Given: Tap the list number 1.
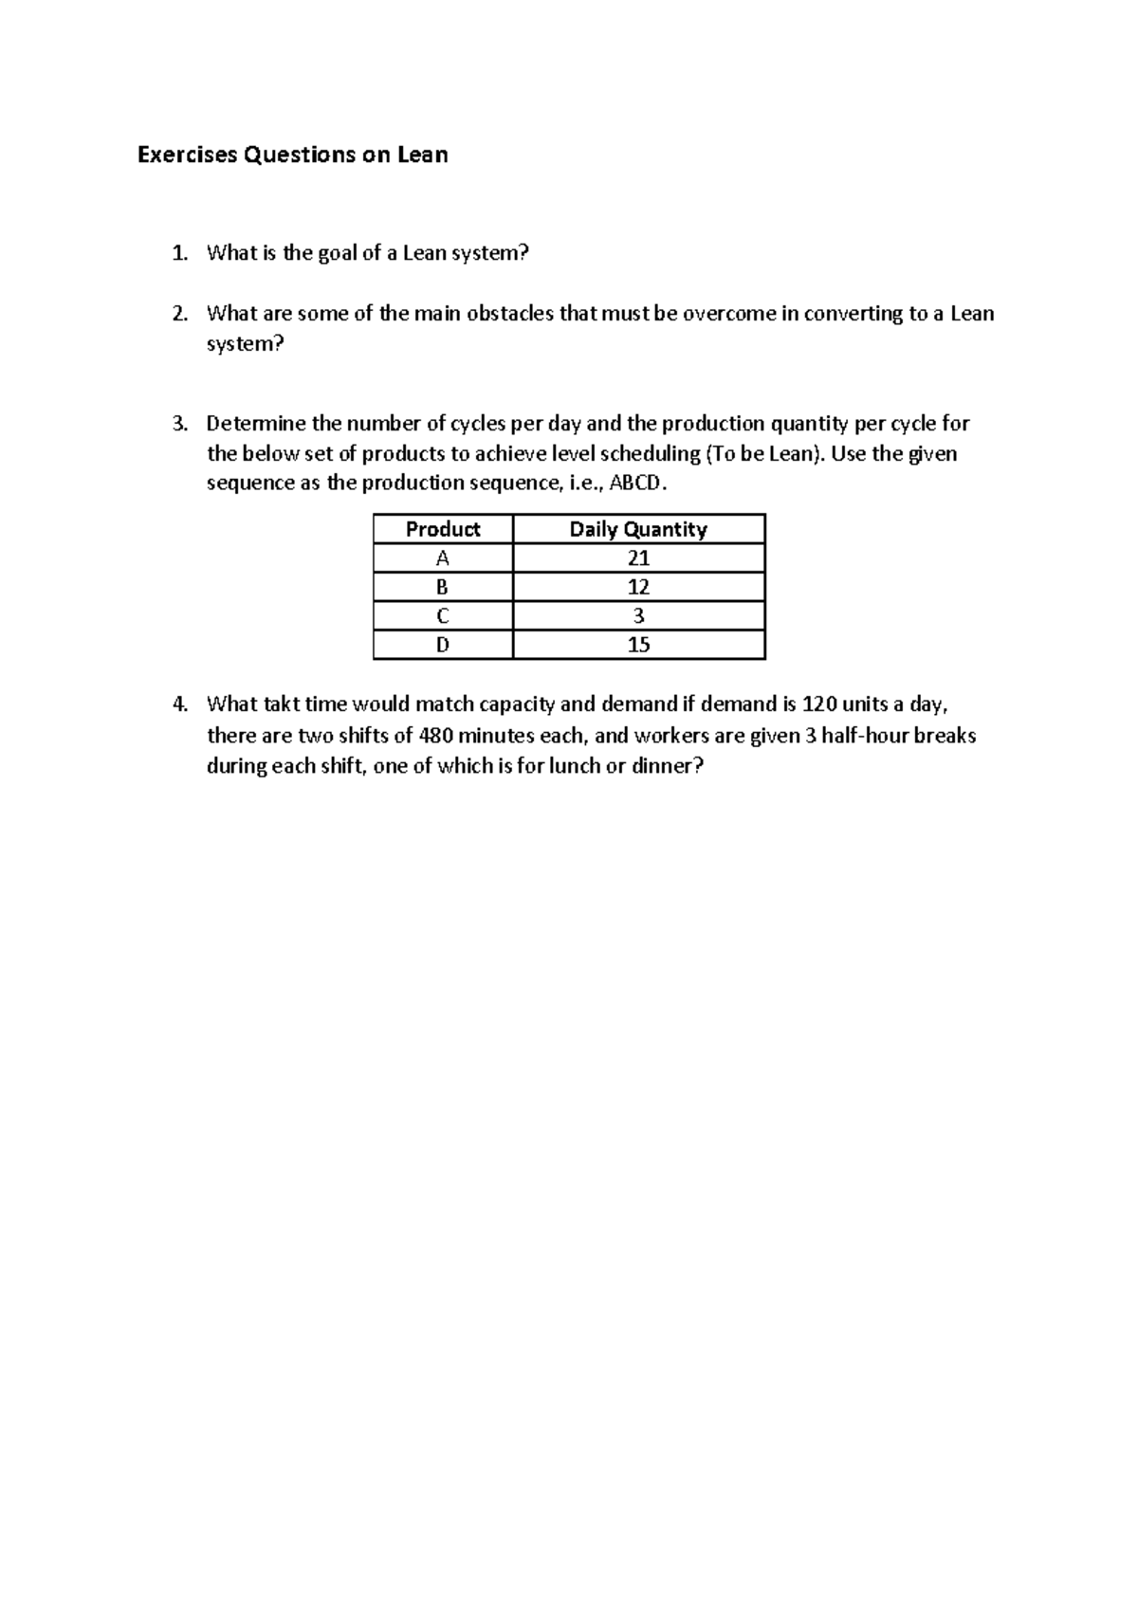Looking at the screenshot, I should pos(179,253).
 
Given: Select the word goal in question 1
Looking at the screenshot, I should pos(339,253).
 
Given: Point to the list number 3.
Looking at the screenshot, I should pos(179,424).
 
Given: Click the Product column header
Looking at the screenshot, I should pos(443,529).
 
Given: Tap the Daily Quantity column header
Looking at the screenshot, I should pos(638,529).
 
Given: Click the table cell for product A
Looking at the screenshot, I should pos(443,558).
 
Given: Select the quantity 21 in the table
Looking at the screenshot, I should pos(638,558).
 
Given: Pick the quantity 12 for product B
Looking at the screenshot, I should pos(638,587).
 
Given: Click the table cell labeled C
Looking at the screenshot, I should pos(443,616).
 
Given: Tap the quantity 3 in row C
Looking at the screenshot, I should pos(638,616).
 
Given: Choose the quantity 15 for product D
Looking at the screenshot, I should pos(638,645).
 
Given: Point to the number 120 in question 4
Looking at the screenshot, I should pos(819,704).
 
